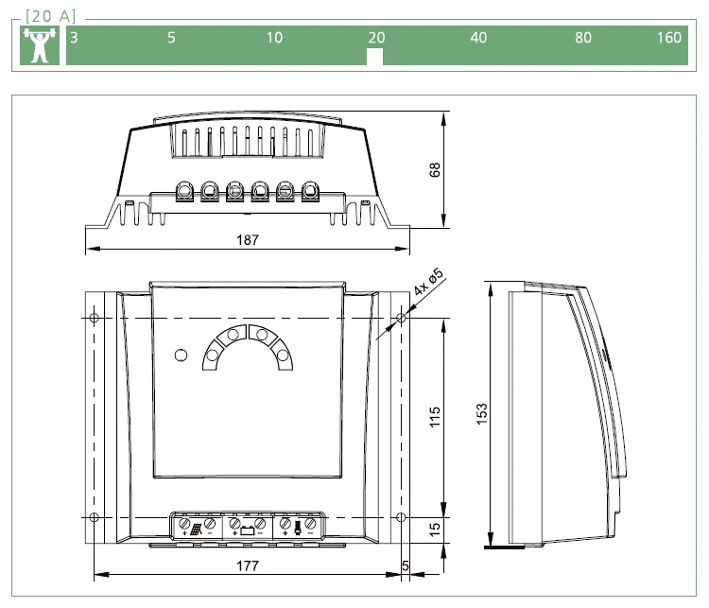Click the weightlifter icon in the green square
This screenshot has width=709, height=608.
40,45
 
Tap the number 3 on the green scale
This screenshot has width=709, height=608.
74,38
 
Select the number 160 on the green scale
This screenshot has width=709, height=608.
668,38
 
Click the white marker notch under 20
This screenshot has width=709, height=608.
374,57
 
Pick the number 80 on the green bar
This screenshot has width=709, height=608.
583,38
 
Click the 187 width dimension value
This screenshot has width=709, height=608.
248,240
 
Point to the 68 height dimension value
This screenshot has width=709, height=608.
434,170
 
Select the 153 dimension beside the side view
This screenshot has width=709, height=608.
482,413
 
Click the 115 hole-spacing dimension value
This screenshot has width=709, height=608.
434,417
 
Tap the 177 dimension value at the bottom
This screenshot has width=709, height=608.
248,566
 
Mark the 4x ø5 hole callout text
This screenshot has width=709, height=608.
428,282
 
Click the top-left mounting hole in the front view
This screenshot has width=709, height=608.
94,318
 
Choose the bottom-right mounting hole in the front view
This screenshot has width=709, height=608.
401,517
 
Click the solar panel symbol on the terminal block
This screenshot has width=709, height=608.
197,530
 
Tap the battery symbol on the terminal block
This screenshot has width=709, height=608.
247,530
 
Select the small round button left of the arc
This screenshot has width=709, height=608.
181,356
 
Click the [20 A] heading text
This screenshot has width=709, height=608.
51,16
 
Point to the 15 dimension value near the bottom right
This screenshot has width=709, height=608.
434,530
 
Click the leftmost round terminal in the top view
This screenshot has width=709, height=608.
184,190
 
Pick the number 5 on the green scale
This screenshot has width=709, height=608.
171,38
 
